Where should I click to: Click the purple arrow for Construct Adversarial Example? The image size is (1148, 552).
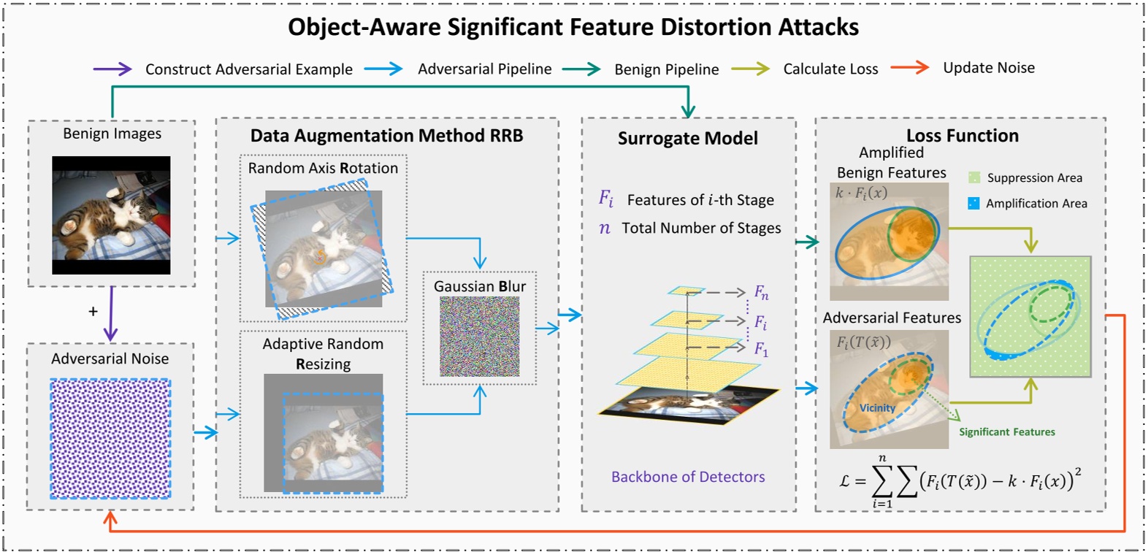[112, 69]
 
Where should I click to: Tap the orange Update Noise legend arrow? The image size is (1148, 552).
[909, 68]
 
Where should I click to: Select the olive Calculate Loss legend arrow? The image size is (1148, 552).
[750, 69]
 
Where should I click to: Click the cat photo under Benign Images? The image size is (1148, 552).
[111, 215]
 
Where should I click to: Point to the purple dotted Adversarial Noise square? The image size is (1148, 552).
[110, 439]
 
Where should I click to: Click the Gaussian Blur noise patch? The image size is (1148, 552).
[479, 337]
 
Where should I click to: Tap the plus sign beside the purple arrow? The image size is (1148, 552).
[93, 312]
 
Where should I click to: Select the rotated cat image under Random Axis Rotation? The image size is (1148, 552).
[322, 249]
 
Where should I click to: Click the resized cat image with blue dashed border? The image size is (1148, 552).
[332, 442]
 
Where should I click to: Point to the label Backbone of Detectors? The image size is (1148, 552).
[688, 477]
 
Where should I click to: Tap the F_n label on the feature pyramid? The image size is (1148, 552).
[761, 293]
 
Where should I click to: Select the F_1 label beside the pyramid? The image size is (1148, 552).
[761, 350]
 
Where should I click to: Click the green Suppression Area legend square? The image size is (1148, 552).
[974, 177]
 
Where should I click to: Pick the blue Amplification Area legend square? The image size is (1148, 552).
[973, 203]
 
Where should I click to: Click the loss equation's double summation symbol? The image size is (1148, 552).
[895, 480]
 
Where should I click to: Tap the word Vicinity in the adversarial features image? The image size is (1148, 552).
[877, 408]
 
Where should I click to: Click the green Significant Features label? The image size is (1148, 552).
[1007, 432]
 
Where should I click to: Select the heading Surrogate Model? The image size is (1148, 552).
[687, 139]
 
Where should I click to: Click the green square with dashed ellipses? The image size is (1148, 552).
[1030, 316]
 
